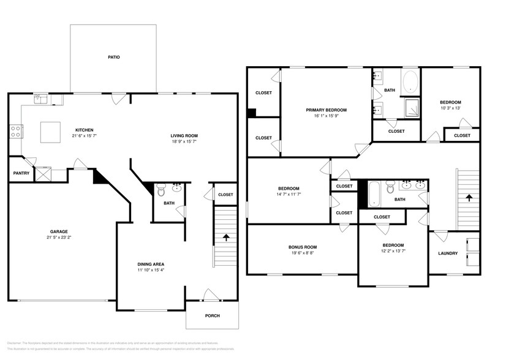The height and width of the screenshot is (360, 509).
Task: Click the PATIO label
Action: [x=114, y=57]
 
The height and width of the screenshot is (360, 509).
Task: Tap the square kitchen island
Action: [x=50, y=131]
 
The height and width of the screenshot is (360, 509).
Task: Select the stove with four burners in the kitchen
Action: [x=15, y=130]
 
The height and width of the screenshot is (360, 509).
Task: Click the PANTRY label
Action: [x=21, y=173]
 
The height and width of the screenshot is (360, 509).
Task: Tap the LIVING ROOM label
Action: [x=184, y=135]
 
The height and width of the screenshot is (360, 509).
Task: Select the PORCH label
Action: [x=212, y=315]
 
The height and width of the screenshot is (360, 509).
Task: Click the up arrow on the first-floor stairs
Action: [x=226, y=237]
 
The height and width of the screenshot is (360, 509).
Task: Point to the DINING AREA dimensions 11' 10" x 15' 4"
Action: [x=150, y=270]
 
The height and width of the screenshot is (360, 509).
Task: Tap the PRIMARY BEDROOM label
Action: [x=326, y=110]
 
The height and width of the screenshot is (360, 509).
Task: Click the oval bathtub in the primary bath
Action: [x=410, y=81]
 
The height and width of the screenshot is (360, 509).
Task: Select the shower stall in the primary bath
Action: [x=410, y=108]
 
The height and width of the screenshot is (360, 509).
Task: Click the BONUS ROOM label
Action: [x=303, y=247]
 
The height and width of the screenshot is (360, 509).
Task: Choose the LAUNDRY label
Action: [x=447, y=253]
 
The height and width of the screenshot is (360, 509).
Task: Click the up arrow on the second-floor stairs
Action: [x=469, y=198]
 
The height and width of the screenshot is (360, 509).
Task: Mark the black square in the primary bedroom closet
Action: [x=252, y=112]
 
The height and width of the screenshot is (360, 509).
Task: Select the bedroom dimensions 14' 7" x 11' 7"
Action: [x=288, y=194]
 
